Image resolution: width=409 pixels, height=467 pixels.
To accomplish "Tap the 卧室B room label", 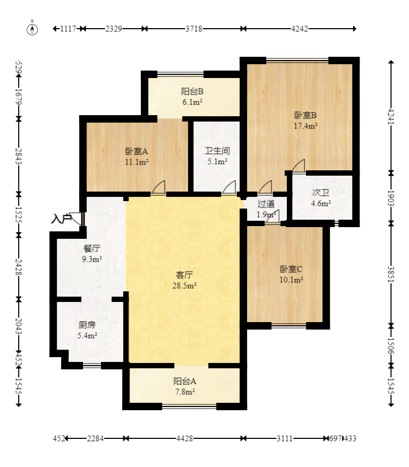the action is tap(305, 115).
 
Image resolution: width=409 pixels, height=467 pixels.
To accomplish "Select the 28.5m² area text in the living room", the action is tap(184, 286).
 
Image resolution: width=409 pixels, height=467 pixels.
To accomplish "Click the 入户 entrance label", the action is tap(61, 219).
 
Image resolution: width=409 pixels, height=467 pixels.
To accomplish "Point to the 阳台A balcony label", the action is tap(185, 381).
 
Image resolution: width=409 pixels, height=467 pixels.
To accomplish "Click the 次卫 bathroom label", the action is tap(321, 193).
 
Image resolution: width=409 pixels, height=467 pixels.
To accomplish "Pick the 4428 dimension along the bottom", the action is tap(184, 438).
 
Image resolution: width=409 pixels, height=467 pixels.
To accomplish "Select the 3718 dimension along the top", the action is tap(194, 29).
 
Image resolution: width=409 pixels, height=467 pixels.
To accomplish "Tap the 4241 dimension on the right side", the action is tap(391, 117).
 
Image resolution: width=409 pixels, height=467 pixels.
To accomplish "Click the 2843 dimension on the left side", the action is tap(19, 156).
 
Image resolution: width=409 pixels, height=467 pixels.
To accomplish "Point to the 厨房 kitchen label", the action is tap(87, 325).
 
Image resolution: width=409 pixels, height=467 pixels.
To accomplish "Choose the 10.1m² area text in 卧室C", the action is tap(291, 280).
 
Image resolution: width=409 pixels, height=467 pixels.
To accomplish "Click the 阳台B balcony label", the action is tap(192, 91).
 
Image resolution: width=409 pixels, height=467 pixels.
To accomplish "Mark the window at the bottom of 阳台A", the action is tap(189, 407).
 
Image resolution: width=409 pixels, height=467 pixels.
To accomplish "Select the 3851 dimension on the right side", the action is tap(391, 274).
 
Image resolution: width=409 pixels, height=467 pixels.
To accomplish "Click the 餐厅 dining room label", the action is tap(92, 248).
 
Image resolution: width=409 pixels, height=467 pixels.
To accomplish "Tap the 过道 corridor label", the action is tap(266, 204).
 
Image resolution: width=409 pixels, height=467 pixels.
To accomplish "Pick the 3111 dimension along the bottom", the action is tap(284, 438).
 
